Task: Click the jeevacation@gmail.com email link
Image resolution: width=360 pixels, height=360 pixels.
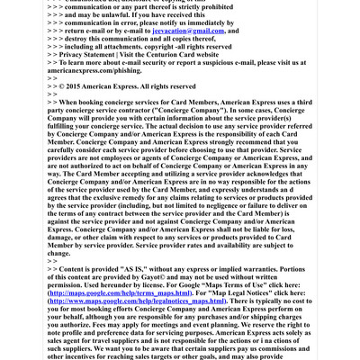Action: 188,31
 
